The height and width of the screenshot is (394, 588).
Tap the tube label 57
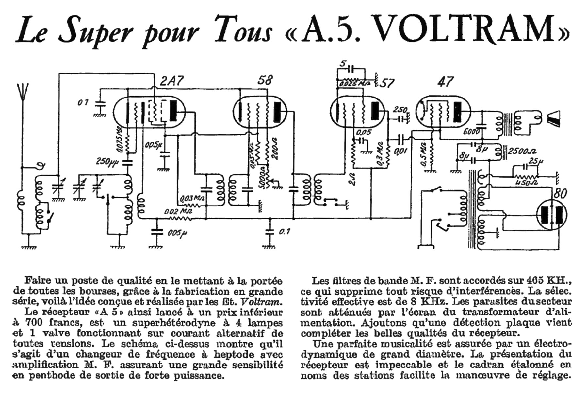387,84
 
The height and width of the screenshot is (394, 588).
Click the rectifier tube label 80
561,194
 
